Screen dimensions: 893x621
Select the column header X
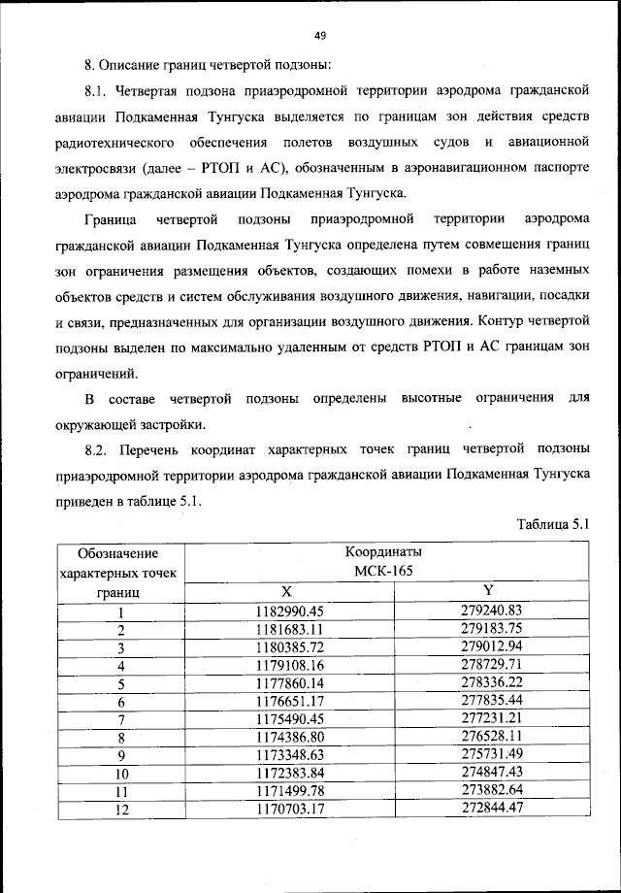[x=286, y=590]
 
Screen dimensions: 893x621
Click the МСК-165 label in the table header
[x=385, y=571]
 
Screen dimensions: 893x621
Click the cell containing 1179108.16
[x=288, y=666]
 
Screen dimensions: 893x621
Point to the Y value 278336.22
[x=491, y=684]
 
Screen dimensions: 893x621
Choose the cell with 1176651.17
[x=288, y=702]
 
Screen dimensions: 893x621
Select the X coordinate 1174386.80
[x=288, y=738]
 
